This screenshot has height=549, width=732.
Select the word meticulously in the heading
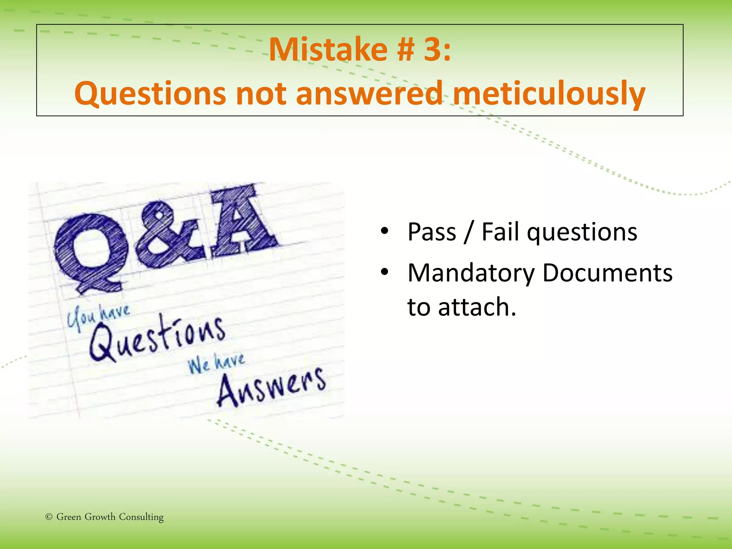tap(549, 94)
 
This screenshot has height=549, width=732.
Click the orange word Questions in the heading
tap(150, 94)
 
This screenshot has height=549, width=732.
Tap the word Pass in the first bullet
tap(432, 232)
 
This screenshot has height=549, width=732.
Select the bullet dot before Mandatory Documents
tap(384, 272)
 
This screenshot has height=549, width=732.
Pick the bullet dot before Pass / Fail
tap(384, 231)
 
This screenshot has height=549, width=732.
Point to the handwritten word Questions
tap(157, 338)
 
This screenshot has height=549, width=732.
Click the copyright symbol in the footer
tap(49, 517)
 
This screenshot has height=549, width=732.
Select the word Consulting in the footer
tap(141, 517)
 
